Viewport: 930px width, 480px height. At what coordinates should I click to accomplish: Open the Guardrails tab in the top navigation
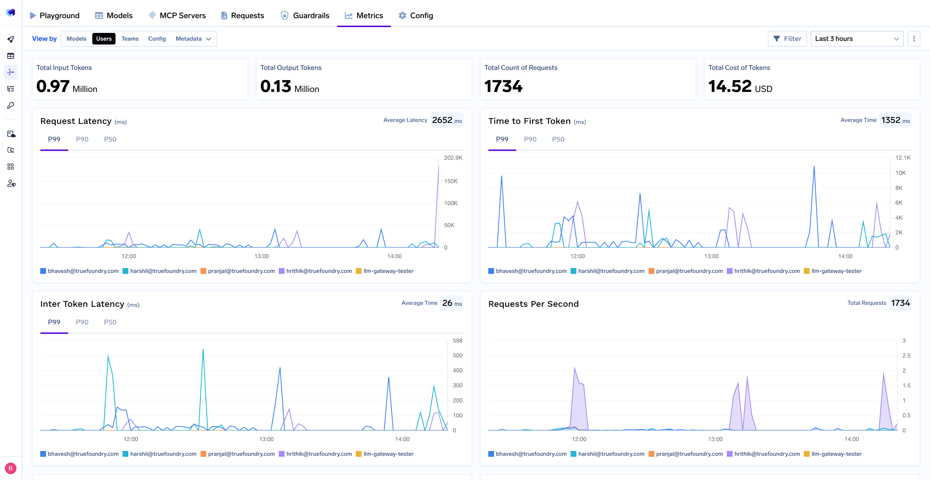[305, 15]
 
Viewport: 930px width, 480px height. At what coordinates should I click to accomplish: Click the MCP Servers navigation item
[177, 15]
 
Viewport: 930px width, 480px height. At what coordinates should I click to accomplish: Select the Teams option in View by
[130, 38]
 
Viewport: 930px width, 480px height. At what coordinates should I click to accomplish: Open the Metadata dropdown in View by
[193, 38]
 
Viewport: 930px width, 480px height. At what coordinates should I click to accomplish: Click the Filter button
[787, 38]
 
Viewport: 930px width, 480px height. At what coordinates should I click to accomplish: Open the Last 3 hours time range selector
[857, 38]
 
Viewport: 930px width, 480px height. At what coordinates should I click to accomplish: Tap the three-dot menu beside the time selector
[914, 38]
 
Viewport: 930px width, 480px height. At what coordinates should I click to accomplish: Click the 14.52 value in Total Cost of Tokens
[730, 87]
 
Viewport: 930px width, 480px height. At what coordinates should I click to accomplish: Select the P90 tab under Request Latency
[82, 139]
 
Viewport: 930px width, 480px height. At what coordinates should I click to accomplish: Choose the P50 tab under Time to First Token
[558, 139]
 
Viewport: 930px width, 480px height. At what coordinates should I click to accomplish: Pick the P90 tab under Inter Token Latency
[82, 322]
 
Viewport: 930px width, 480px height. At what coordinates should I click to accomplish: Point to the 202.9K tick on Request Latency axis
[453, 157]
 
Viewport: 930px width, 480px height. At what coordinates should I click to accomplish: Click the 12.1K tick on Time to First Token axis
[903, 157]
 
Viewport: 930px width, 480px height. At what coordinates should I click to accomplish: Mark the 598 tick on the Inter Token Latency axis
[457, 340]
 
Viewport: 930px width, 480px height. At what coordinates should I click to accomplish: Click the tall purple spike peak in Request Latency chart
[439, 167]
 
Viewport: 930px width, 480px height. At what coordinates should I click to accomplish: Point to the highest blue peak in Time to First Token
[814, 167]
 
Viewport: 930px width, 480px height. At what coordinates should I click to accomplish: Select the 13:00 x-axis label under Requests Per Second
[715, 439]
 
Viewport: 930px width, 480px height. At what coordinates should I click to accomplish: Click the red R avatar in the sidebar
[10, 468]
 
